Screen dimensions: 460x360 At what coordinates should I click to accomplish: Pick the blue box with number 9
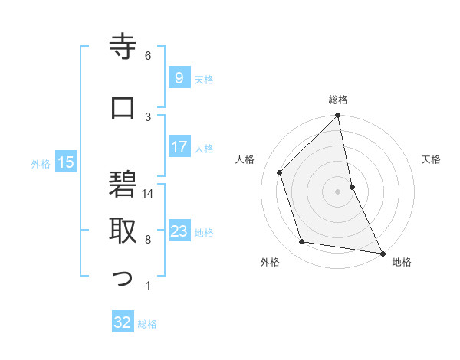pyautogui.click(x=179, y=78)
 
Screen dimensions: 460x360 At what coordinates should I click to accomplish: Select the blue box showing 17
pyautogui.click(x=179, y=147)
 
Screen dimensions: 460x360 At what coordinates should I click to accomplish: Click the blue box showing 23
pyautogui.click(x=179, y=231)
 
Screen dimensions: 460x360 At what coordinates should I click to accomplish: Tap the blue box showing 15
pyautogui.click(x=66, y=162)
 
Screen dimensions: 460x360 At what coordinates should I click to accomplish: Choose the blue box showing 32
pyautogui.click(x=123, y=322)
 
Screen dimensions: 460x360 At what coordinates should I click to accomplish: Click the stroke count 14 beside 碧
pyautogui.click(x=149, y=194)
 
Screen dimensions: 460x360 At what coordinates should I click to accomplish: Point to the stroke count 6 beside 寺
pyautogui.click(x=148, y=56)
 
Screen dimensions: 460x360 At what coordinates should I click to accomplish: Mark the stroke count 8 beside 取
pyautogui.click(x=148, y=240)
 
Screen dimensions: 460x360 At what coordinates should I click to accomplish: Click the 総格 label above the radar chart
pyautogui.click(x=338, y=100)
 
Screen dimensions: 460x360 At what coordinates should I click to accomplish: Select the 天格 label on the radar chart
pyautogui.click(x=431, y=159)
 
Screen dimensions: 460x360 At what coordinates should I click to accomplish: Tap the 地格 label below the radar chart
pyautogui.click(x=402, y=262)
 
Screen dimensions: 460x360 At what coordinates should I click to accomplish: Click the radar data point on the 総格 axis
pyautogui.click(x=338, y=116)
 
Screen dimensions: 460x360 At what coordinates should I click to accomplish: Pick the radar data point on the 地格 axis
pyautogui.click(x=382, y=253)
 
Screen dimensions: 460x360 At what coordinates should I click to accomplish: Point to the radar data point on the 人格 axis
pyautogui.click(x=280, y=172)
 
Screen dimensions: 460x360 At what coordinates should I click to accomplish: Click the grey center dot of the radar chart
pyautogui.click(x=338, y=191)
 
